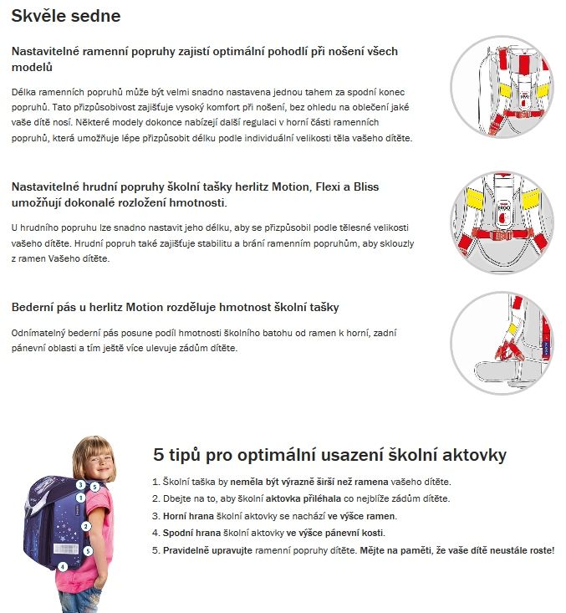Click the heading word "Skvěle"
tap(40, 17)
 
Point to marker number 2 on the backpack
tap(85, 526)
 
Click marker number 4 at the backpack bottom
tap(62, 566)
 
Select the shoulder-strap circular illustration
tap(502, 86)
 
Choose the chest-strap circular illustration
tap(502, 212)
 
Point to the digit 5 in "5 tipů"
tap(159, 455)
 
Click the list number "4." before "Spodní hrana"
tap(156, 533)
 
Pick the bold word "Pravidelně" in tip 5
tap(189, 550)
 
